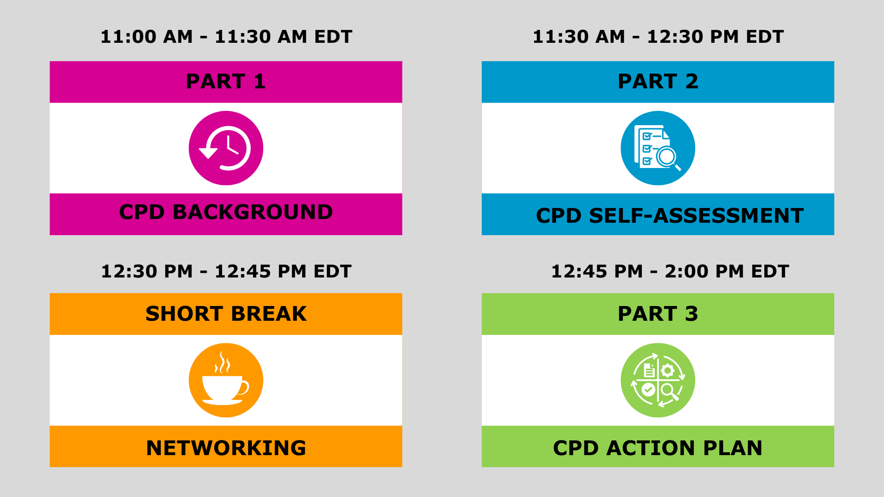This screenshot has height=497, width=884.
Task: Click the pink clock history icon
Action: click(x=226, y=148)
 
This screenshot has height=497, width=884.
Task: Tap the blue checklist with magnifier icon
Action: click(x=657, y=148)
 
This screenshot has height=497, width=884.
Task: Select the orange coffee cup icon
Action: click(x=226, y=380)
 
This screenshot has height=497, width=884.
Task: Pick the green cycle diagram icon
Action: click(x=657, y=380)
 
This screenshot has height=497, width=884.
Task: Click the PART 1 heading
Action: click(x=226, y=81)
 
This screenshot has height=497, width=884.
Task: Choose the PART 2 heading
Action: click(x=657, y=81)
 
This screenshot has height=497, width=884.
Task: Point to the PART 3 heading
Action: click(x=657, y=314)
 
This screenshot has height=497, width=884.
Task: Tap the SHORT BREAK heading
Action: click(x=226, y=314)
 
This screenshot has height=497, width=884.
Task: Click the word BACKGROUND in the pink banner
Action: click(x=252, y=212)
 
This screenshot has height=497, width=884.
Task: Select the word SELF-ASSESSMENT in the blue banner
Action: click(x=696, y=216)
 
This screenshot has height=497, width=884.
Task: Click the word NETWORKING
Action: click(x=226, y=448)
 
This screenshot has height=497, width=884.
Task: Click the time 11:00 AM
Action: click(x=146, y=37)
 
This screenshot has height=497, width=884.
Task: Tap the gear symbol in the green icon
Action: click(x=668, y=370)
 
